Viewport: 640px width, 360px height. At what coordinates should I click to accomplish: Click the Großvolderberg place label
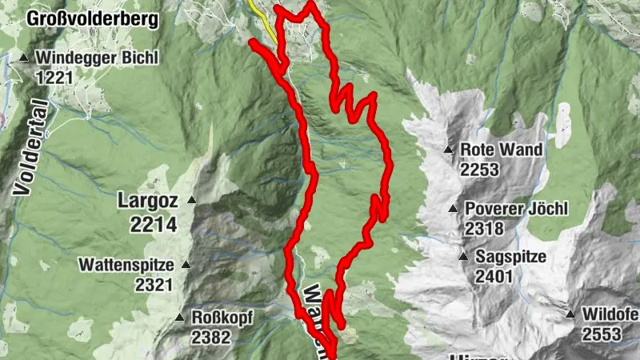tap(92, 18)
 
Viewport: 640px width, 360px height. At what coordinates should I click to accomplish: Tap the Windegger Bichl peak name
tap(98, 58)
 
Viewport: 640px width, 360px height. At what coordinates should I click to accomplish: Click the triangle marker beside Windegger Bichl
tap(24, 58)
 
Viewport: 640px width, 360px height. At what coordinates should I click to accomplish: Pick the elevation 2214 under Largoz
tap(153, 226)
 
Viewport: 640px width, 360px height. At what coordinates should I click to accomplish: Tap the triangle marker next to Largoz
tap(191, 199)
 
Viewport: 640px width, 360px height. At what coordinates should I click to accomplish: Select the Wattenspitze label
tap(129, 264)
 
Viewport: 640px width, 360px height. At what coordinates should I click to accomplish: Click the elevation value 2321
tap(154, 284)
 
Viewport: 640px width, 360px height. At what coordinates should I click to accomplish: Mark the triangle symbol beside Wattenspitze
tap(186, 264)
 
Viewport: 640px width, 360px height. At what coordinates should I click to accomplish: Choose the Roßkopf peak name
tap(222, 318)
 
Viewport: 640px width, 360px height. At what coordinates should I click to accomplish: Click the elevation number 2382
tap(210, 338)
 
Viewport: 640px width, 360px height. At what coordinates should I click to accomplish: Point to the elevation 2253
tap(479, 170)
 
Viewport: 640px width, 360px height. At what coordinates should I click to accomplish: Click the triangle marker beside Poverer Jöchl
tap(454, 209)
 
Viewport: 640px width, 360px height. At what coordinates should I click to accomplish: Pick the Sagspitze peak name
tap(510, 257)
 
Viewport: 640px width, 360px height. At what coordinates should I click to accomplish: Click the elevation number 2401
tap(494, 277)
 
